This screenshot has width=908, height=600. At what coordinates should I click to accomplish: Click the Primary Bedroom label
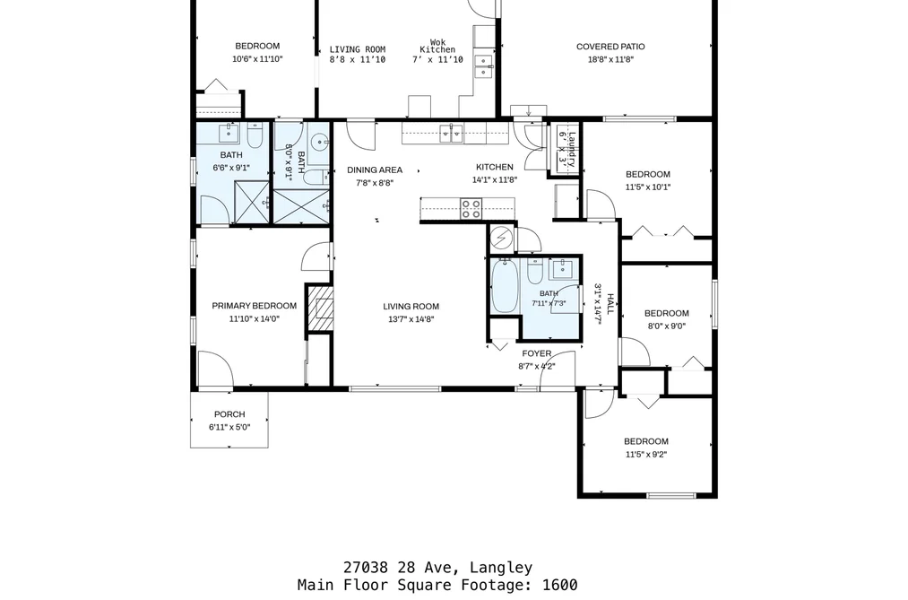(255, 306)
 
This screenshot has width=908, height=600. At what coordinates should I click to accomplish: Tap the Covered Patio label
(610, 47)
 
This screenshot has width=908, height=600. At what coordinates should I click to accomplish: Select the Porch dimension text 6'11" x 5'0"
(229, 428)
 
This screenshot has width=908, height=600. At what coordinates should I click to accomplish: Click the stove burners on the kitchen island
(471, 208)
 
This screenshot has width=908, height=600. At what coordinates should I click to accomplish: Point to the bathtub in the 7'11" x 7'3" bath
(505, 286)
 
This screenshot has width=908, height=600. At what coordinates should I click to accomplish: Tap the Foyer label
(537, 353)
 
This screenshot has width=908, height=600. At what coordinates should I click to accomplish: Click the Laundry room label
(572, 150)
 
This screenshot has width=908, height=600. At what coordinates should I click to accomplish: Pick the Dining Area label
(375, 170)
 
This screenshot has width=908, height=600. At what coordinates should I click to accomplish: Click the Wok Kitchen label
(437, 46)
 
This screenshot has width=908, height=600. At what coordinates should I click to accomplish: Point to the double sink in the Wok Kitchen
(483, 65)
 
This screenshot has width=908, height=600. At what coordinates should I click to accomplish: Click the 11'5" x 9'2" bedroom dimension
(646, 455)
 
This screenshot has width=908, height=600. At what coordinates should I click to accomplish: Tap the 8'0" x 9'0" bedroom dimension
(667, 326)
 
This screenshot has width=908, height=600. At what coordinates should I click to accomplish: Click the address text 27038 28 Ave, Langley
(437, 568)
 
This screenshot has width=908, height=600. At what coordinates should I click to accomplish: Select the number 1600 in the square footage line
(560, 585)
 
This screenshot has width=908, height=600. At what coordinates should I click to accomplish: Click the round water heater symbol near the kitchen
(501, 238)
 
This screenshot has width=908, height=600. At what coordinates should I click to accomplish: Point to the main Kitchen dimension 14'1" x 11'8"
(495, 179)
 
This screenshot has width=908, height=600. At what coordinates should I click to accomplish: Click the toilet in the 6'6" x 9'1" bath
(255, 135)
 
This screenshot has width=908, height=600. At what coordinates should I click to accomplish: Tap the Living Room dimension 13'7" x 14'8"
(411, 319)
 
